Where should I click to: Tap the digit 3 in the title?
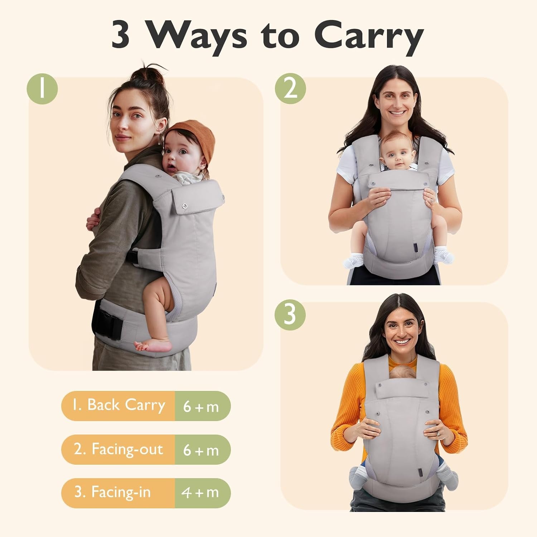click(120, 35)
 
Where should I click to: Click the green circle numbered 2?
click(290, 89)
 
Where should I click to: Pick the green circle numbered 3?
click(290, 315)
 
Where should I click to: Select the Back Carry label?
click(118, 405)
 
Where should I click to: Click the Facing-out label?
click(118, 449)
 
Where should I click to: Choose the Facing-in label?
click(112, 492)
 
